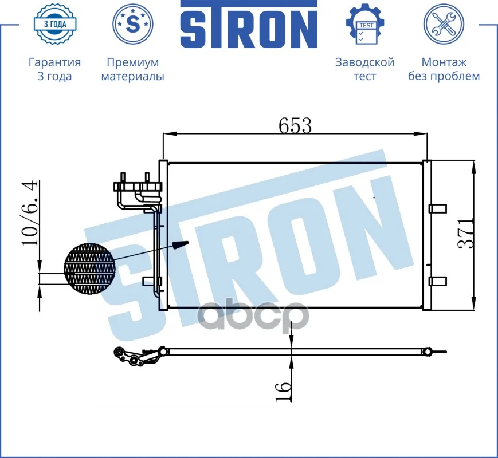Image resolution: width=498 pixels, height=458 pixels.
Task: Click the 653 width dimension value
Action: pos(295,125)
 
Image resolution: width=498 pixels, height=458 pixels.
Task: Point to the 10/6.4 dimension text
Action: pos(30,213)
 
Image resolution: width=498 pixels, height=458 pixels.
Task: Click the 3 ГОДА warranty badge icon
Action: pos(54,24)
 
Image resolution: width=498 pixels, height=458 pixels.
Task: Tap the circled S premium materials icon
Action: pos(133,24)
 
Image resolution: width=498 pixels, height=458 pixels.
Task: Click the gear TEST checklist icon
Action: pos(365,24)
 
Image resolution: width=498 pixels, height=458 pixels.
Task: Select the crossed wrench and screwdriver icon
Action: pos(444,24)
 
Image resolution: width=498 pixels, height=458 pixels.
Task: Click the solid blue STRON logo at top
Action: pos(249,24)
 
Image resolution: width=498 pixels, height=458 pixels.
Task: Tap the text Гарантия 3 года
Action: pos(54,69)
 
